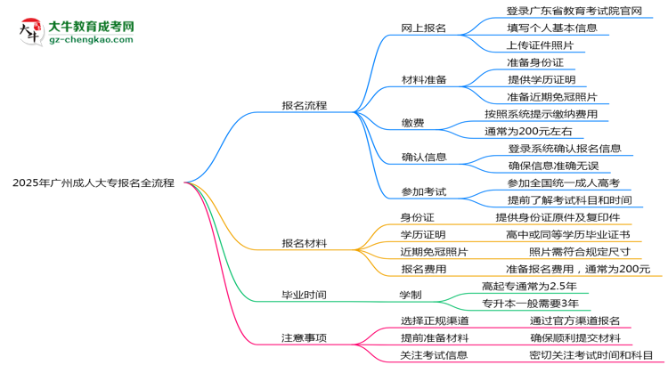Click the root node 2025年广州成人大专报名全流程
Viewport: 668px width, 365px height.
[x=94, y=182]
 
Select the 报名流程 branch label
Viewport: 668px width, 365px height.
[x=305, y=105]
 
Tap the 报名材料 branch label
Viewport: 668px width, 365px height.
[x=305, y=243]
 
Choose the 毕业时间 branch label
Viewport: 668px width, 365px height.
[x=305, y=295]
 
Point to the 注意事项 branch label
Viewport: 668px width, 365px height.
[x=305, y=337]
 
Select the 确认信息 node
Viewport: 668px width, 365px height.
[x=423, y=157]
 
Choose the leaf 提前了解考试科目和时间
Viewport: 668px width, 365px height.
[x=569, y=200]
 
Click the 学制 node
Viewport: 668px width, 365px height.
[x=410, y=295]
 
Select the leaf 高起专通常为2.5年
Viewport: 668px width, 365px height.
[x=529, y=286]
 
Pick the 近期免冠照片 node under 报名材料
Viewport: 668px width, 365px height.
[x=434, y=252]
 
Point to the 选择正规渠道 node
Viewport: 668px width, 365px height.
[x=434, y=320]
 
